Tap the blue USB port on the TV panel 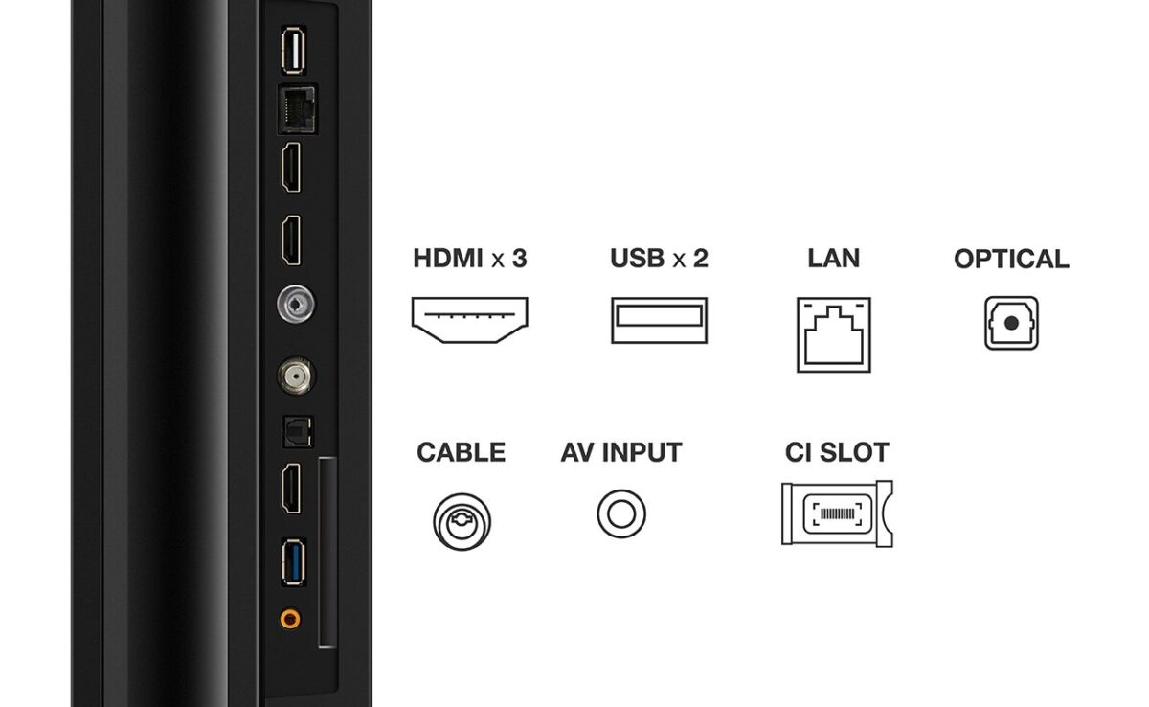291,565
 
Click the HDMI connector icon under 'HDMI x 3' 471,319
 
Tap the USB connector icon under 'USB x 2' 659,320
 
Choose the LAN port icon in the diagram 833,333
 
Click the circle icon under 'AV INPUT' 621,513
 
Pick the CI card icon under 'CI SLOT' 837,513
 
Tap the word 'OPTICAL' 1011,259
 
